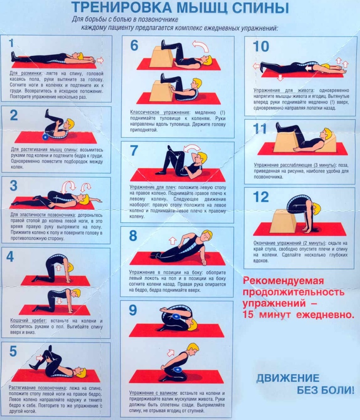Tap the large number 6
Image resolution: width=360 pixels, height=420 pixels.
[134, 45]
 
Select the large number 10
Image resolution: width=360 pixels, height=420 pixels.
[260, 46]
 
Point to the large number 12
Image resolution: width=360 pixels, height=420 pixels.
[260, 197]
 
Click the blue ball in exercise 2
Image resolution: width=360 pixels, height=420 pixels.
[45, 137]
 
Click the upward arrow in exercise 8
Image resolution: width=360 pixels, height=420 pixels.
[173, 241]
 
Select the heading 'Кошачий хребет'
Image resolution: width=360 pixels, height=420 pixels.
[28, 320]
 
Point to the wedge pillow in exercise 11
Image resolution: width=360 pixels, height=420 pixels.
[328, 144]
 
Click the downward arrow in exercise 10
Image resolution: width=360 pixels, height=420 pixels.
[280, 78]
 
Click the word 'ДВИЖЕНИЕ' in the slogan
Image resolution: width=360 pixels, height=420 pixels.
[288, 378]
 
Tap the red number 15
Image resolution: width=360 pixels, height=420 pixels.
[248, 315]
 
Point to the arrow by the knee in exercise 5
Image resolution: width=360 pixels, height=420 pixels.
[39, 358]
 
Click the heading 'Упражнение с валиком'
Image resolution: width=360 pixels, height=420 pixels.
[153, 393]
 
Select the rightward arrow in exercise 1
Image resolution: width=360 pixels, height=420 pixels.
[100, 60]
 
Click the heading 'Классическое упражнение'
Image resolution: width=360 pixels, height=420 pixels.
[160, 112]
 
